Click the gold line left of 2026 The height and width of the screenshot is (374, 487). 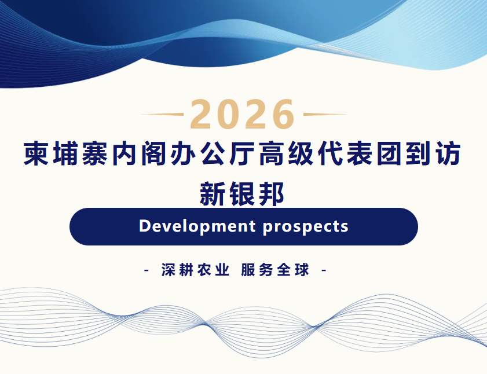[x=162, y=114]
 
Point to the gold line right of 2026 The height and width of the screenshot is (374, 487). [x=325, y=114]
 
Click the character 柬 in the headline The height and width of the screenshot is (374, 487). [x=36, y=153]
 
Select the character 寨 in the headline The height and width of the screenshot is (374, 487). [x=95, y=153]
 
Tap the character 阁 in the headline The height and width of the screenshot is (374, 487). [x=153, y=153]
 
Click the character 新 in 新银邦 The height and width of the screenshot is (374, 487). [x=212, y=194]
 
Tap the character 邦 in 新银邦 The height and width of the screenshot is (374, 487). [x=272, y=194]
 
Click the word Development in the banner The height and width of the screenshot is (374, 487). [x=197, y=226]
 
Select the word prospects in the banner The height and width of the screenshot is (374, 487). [x=306, y=227]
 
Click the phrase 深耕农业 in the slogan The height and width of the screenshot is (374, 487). [x=195, y=270]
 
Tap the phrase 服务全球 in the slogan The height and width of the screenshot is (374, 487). [x=275, y=270]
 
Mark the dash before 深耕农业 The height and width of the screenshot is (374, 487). [x=147, y=270]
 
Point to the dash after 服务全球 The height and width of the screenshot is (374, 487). [x=323, y=270]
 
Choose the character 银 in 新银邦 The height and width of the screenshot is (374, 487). [x=242, y=194]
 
